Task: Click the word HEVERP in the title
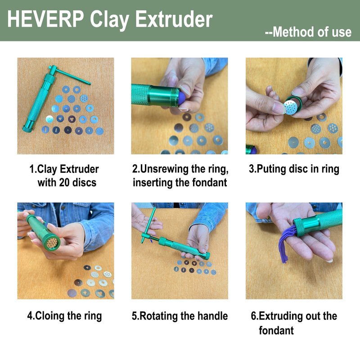[46, 19]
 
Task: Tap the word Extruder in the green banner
[174, 19]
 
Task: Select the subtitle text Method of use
[312, 32]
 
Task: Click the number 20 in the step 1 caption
[65, 183]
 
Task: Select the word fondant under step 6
[276, 330]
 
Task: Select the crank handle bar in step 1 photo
[71, 75]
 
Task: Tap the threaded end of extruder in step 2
[175, 97]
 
